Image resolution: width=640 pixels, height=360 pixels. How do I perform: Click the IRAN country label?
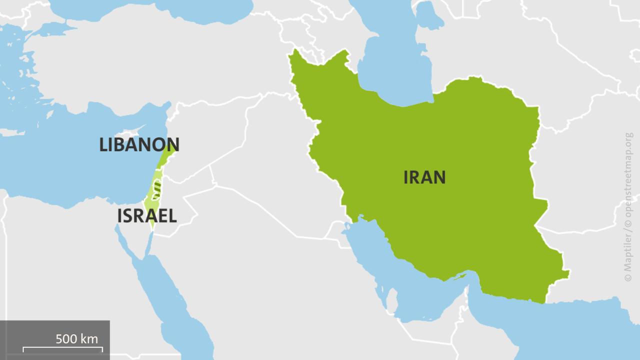(424, 177)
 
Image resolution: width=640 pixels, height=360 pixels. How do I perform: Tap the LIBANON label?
(139, 145)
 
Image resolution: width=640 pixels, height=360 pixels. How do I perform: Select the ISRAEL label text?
(147, 216)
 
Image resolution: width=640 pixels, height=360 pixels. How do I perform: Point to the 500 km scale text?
(76, 338)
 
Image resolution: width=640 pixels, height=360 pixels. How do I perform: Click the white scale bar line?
(62, 347)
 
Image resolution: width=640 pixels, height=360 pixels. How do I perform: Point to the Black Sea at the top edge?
(150, 7)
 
